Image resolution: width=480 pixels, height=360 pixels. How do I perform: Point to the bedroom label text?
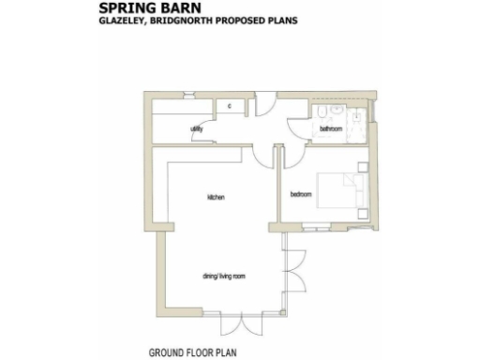coord(300,194)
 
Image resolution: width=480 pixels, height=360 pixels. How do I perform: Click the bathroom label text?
coord(329,127)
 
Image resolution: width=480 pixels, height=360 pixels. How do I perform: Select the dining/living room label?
coord(223,277)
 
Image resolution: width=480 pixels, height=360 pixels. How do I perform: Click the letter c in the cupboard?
coord(229,106)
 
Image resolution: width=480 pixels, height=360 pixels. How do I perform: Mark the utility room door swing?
coord(195,139)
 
